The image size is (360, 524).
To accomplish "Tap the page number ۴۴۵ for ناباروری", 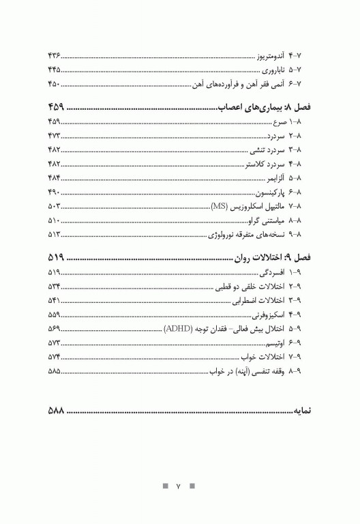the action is tap(55, 69).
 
